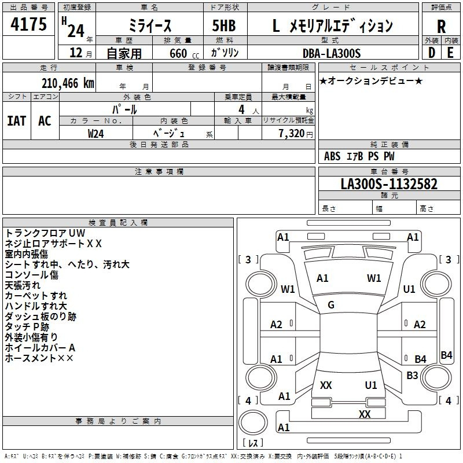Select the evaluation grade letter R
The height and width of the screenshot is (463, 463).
(x=441, y=26)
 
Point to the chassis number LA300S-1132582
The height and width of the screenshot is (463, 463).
(x=389, y=184)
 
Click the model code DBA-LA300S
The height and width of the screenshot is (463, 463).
(x=331, y=53)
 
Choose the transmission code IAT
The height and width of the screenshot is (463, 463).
(x=16, y=121)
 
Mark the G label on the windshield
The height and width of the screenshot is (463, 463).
(x=331, y=305)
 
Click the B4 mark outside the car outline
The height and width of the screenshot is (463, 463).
(x=446, y=355)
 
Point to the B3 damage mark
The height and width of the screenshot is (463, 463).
(x=412, y=376)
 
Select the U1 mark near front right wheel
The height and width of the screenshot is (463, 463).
(x=409, y=289)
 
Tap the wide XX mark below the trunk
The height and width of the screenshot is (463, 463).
(x=365, y=414)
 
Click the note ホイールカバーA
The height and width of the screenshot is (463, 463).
(x=40, y=348)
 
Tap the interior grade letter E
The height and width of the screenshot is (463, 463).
(x=450, y=52)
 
